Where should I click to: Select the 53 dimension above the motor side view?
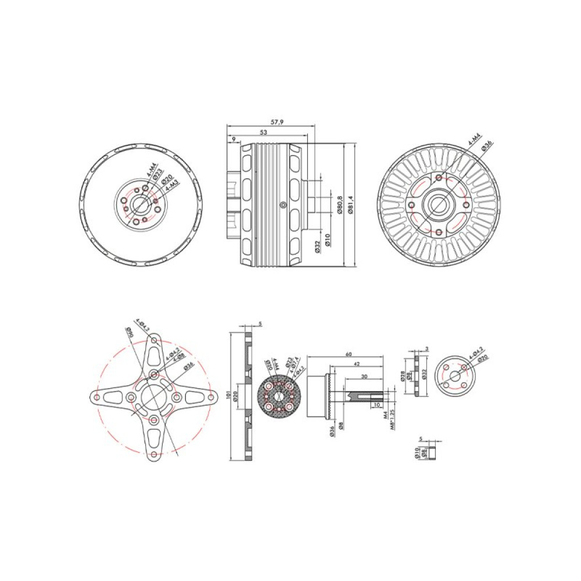pyautogui.click(x=264, y=133)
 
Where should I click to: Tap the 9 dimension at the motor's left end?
pyautogui.click(x=233, y=139)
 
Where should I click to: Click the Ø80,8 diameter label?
pyautogui.click(x=339, y=205)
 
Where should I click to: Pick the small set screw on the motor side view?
pyautogui.click(x=282, y=204)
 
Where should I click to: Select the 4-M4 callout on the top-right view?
pyautogui.click(x=474, y=141)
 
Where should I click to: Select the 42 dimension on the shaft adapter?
pyautogui.click(x=356, y=364)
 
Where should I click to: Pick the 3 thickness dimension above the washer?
pyautogui.click(x=427, y=348)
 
